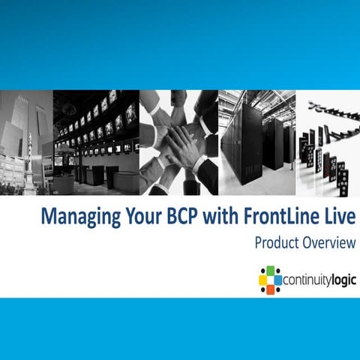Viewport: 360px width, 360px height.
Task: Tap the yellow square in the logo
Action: click(x=263, y=280)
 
